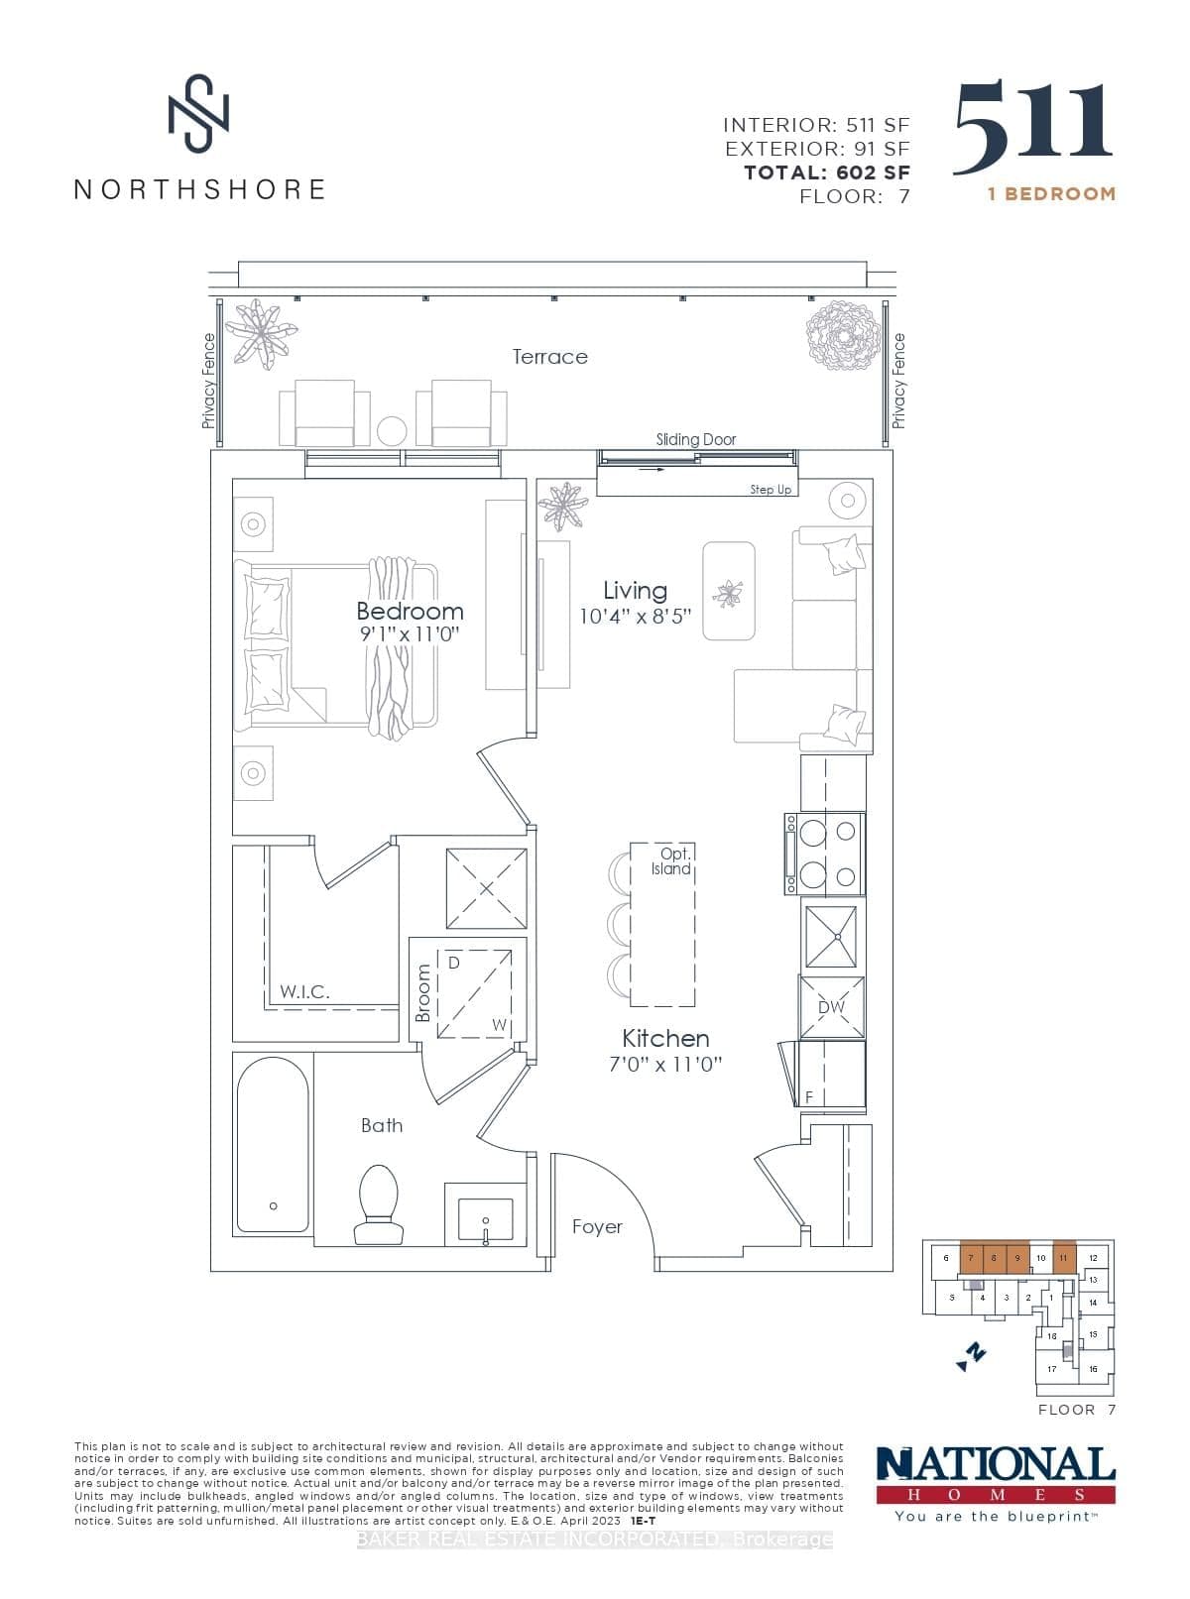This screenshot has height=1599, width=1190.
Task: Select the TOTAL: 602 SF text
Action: (x=827, y=172)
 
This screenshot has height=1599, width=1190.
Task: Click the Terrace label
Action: (x=549, y=357)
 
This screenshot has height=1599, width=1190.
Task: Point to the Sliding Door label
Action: (x=695, y=439)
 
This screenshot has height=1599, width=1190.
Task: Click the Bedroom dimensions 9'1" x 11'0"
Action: (x=410, y=634)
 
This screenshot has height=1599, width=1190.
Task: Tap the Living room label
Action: (x=635, y=591)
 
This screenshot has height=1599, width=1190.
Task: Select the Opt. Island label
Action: (x=671, y=861)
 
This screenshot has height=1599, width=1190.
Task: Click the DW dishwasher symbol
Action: (x=831, y=1007)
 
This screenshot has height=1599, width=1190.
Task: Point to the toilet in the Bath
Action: (x=378, y=1202)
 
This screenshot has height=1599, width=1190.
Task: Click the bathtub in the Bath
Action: (x=273, y=1142)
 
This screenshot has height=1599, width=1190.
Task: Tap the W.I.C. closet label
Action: (x=304, y=991)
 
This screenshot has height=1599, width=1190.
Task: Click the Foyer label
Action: (x=597, y=1227)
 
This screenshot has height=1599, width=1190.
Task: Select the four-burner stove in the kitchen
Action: (x=824, y=854)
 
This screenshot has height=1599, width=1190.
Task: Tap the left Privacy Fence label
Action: (x=208, y=382)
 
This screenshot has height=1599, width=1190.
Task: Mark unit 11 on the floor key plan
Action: (x=1063, y=1258)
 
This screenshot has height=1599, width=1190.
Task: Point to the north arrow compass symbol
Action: (x=972, y=1355)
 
